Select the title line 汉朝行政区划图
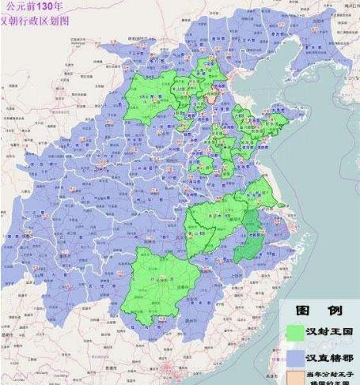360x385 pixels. point(33,20)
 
